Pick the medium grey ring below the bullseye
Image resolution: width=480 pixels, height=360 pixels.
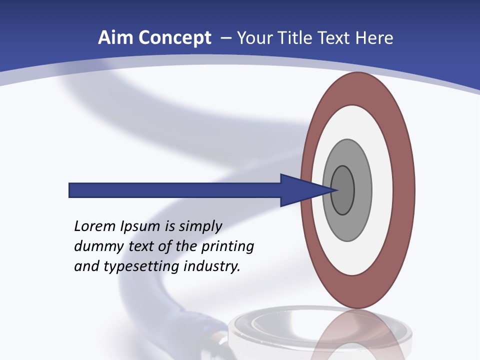pos(347,227)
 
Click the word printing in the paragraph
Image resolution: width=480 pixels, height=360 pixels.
pos(227,247)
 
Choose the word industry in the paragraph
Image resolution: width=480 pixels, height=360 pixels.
pos(212,266)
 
